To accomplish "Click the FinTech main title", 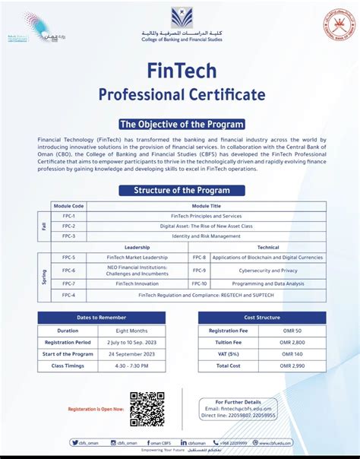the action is pos(181,71).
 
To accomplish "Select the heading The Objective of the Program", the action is pos(181,124).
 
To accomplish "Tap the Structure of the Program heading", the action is pos(181,189).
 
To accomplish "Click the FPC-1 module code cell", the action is pos(68,216).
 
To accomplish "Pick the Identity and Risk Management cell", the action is pos(206,236).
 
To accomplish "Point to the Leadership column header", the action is pos(137,248).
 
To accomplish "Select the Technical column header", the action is pos(268,248).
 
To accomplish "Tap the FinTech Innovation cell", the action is pos(137,283).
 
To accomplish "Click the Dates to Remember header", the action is pos(101,318).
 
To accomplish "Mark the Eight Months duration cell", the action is pos(131,331).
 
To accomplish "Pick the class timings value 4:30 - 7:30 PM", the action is pos(131,366).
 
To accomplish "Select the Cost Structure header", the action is pos(262,318).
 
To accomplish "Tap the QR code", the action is pos(147,409).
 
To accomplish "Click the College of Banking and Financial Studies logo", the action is pos(181,19).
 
